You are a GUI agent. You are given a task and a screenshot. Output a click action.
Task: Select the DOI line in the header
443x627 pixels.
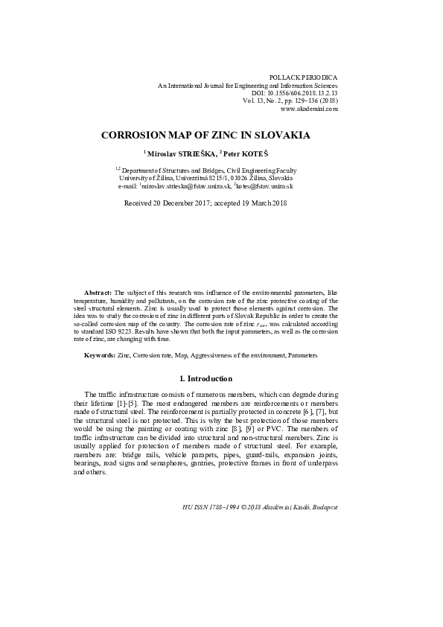tap(293, 92)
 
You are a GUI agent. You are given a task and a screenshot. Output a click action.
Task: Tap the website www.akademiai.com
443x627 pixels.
tap(309, 109)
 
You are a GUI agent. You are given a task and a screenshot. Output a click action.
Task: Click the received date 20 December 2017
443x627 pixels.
tap(182, 203)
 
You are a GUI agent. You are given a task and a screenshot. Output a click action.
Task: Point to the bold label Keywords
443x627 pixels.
tap(100, 356)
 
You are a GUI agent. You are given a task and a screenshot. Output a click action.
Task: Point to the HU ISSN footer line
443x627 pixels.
tap(259, 506)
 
